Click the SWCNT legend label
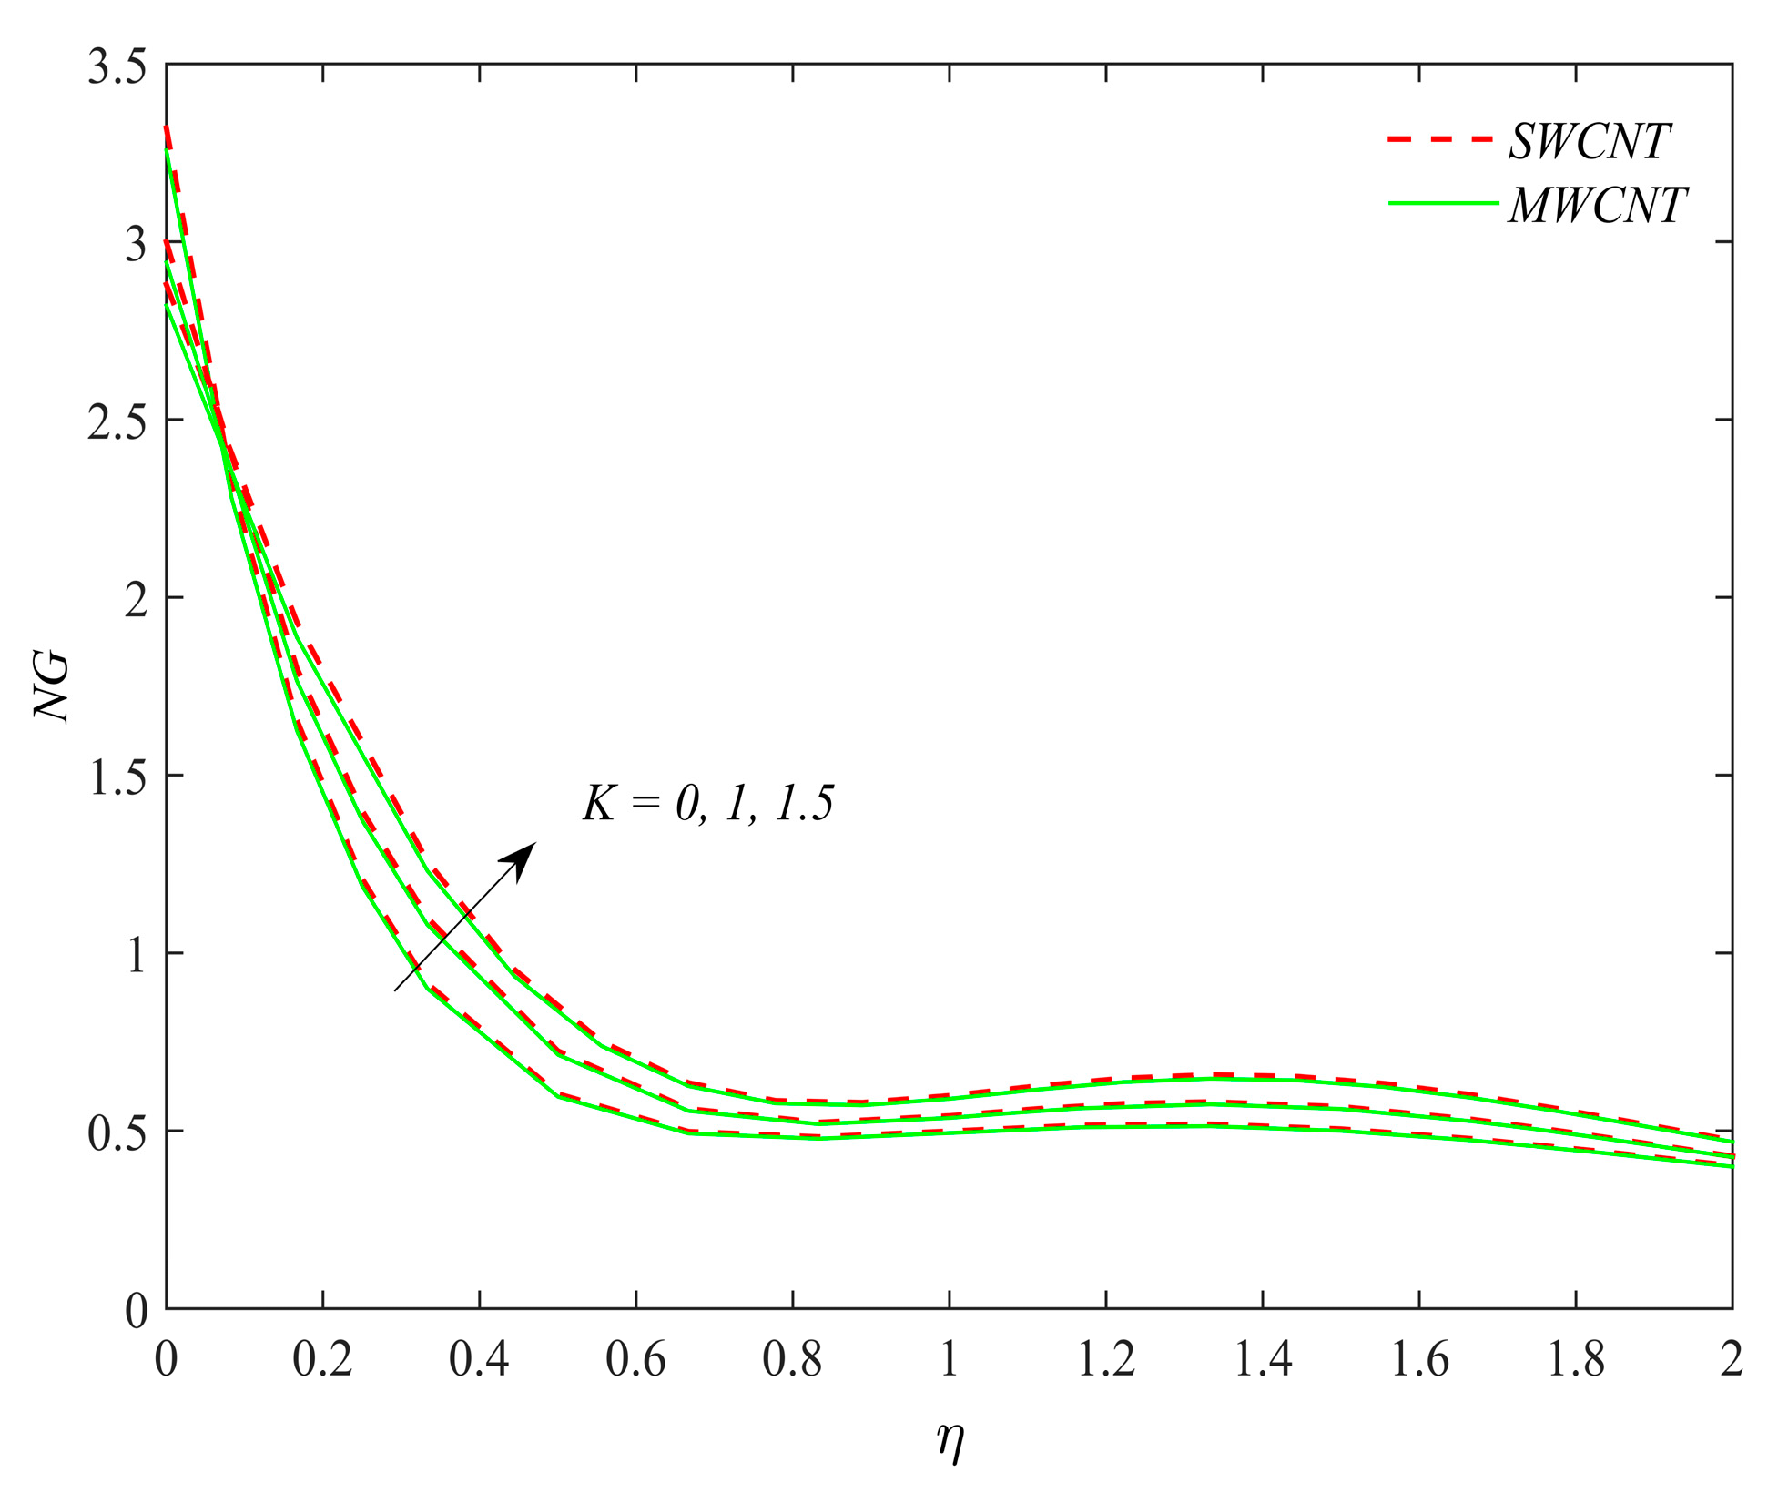click(x=1589, y=141)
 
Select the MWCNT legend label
click(x=1597, y=205)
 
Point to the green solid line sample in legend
click(x=1442, y=203)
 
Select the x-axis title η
click(x=950, y=1441)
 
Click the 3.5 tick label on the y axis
click(x=117, y=68)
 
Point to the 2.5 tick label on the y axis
click(x=117, y=423)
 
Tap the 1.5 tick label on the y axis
click(x=117, y=779)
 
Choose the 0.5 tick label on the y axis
click(x=117, y=1134)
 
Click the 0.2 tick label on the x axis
click(x=322, y=1360)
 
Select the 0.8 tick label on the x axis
click(x=792, y=1360)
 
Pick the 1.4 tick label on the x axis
click(x=1262, y=1360)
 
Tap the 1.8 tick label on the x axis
click(x=1575, y=1360)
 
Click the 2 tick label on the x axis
click(x=1731, y=1360)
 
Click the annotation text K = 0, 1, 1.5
click(x=708, y=804)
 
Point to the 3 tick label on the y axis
click(x=136, y=246)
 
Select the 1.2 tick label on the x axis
click(x=1105, y=1360)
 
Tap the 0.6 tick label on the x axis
click(x=635, y=1360)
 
